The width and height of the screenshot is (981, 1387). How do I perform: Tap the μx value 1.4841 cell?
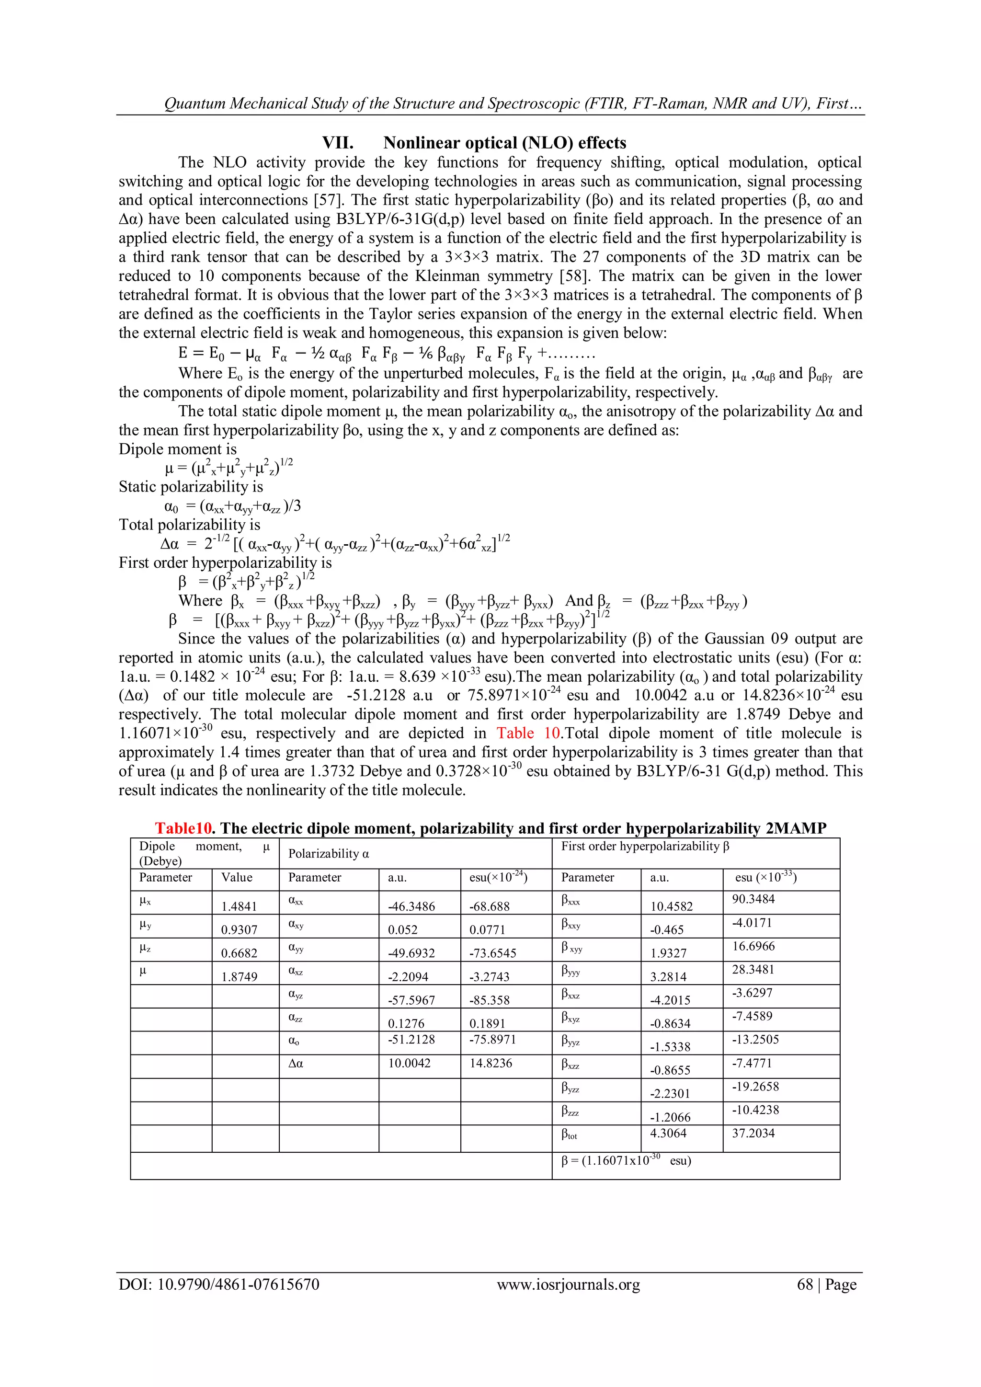[239, 906]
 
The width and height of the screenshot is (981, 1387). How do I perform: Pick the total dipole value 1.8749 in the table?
[239, 976]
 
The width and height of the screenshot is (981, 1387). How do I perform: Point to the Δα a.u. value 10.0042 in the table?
[409, 1063]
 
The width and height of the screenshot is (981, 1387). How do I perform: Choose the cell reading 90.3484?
[753, 899]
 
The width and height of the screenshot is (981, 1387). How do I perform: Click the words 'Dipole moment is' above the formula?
[178, 449]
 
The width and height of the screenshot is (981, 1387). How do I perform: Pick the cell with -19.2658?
[756, 1086]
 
